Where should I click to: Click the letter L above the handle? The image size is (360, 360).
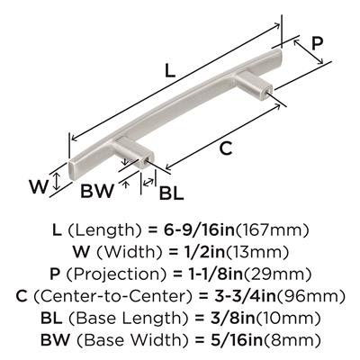(170, 71)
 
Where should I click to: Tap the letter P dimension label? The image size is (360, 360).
(317, 43)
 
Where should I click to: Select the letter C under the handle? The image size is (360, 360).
(226, 148)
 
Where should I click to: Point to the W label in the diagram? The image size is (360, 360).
(39, 186)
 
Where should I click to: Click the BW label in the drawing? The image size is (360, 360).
(98, 191)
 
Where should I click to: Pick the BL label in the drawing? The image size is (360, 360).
(171, 193)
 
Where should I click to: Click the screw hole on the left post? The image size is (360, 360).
(147, 162)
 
